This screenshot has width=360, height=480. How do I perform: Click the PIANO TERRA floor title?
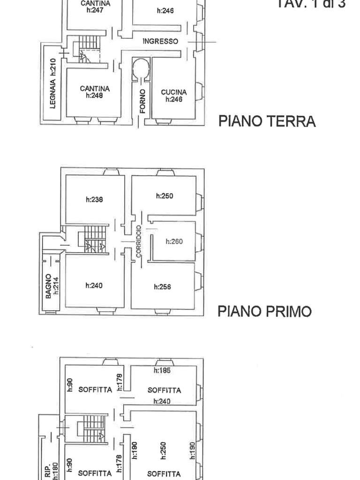click(267, 121)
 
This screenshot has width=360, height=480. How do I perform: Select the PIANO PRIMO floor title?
click(264, 311)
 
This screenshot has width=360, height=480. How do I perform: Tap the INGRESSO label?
click(160, 41)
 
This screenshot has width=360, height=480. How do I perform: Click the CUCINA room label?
click(173, 96)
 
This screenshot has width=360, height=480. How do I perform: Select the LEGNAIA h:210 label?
click(53, 83)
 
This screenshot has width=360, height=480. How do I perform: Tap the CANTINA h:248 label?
click(95, 92)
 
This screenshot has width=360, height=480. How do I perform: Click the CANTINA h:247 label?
click(95, 7)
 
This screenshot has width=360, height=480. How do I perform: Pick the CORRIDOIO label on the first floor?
click(139, 241)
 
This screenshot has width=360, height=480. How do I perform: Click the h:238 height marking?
click(94, 199)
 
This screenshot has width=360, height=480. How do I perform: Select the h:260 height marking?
click(174, 241)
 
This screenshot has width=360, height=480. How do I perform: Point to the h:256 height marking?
click(163, 287)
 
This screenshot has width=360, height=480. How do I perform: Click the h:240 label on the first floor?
click(94, 285)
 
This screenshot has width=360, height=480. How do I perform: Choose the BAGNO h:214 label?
click(52, 286)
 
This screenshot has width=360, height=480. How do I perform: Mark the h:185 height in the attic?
click(162, 370)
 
